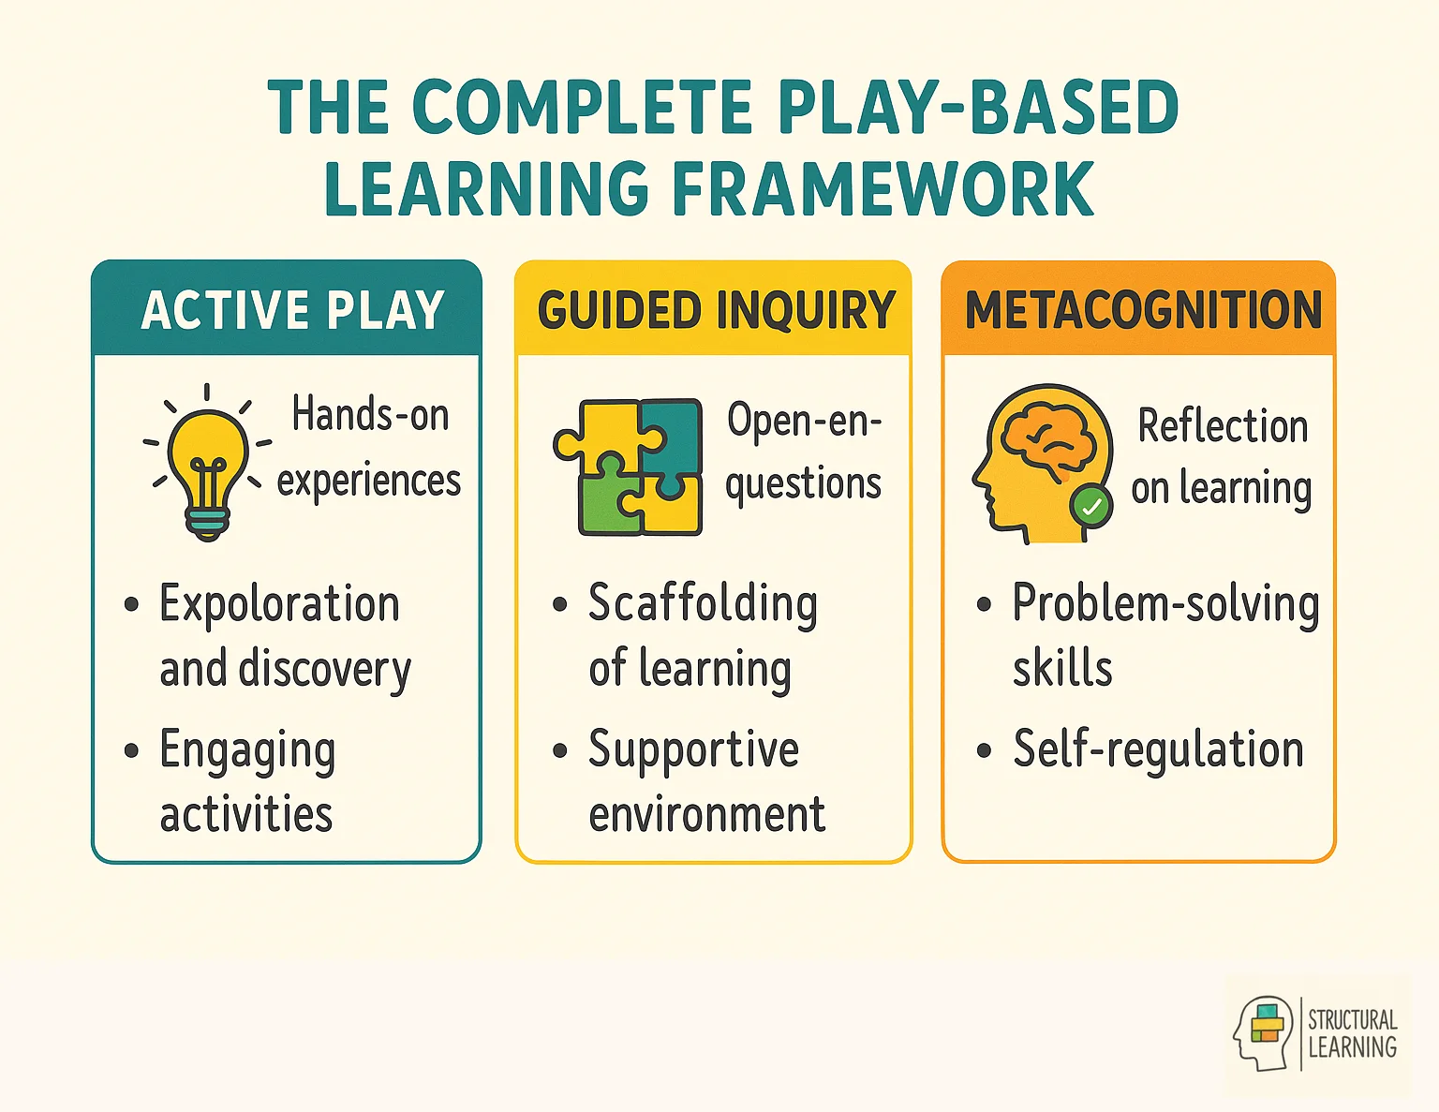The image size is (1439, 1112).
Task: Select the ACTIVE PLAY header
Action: click(x=291, y=310)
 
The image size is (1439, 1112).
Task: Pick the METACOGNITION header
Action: click(x=1143, y=310)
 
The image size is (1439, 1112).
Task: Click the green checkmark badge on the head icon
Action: click(x=1091, y=507)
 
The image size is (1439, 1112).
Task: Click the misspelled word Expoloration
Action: click(x=279, y=604)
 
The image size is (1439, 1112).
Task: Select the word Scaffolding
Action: click(x=703, y=604)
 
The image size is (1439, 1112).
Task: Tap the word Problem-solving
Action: click(x=1165, y=604)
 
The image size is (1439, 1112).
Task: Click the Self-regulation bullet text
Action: click(x=1158, y=749)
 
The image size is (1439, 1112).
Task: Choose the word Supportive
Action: click(x=693, y=749)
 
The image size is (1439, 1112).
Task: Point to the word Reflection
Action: click(x=1222, y=426)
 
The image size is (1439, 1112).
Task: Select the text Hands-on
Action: click(x=370, y=414)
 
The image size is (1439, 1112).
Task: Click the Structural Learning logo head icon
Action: click(x=1263, y=1033)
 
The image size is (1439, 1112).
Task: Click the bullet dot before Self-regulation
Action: click(x=984, y=750)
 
